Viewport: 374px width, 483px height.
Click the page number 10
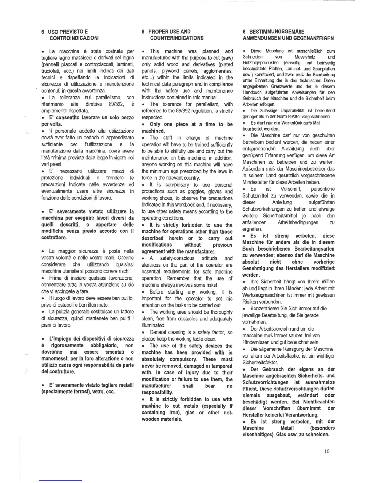(327, 451)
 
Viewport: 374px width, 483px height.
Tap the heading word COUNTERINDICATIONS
(177, 38)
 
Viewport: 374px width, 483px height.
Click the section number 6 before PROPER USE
(144, 31)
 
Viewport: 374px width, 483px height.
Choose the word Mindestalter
(257, 182)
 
